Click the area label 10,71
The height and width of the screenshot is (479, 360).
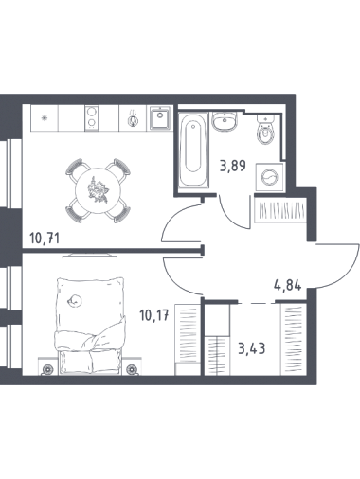[45, 238]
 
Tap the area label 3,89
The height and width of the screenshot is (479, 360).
[233, 166]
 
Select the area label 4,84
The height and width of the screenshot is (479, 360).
[287, 285]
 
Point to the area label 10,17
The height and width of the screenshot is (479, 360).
[154, 315]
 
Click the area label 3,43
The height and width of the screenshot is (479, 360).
[251, 348]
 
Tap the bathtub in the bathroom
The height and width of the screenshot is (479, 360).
[193, 151]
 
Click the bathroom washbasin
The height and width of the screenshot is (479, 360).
[225, 120]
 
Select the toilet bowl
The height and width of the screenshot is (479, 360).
[265, 130]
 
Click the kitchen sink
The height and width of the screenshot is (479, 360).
[160, 117]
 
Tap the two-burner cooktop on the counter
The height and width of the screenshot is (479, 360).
[92, 117]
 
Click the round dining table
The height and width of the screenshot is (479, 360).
[98, 190]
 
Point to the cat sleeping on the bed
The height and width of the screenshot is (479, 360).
[76, 300]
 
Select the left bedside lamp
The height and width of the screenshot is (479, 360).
[48, 368]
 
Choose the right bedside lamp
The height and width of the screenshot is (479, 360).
[132, 369]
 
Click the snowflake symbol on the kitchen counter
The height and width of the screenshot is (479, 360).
[45, 117]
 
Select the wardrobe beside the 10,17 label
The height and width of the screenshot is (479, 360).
[188, 340]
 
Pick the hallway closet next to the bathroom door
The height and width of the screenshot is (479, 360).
[280, 209]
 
